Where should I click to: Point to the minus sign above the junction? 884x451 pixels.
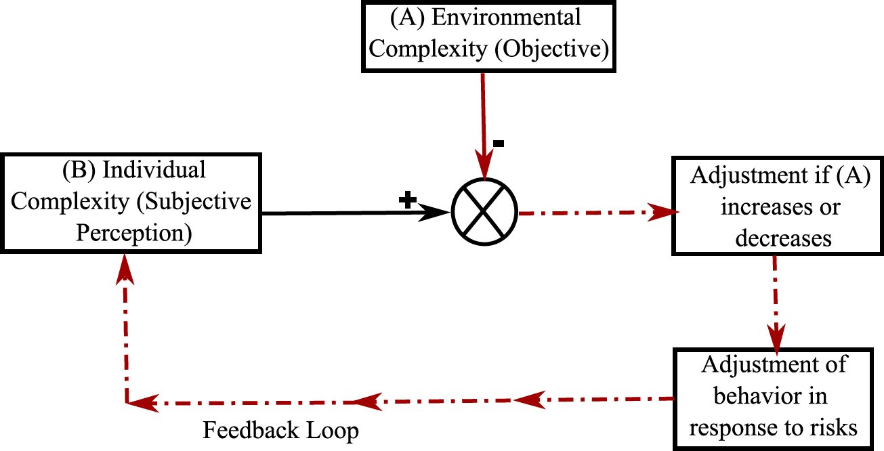click(498, 144)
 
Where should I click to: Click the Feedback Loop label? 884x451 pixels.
click(281, 430)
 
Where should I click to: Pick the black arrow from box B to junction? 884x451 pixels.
click(352, 213)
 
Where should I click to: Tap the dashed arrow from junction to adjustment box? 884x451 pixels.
click(596, 213)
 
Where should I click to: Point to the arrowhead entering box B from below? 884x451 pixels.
click(125, 267)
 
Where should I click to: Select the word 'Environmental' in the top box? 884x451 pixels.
click(507, 17)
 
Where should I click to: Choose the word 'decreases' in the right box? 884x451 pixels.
click(782, 238)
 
